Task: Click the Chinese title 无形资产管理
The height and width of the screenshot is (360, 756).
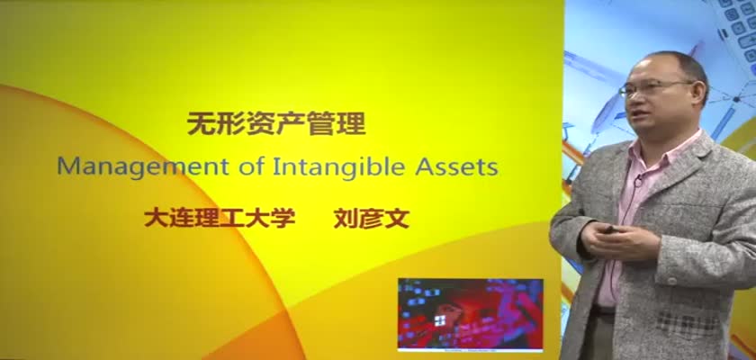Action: [276, 124]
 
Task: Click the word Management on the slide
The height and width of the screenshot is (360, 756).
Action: [143, 167]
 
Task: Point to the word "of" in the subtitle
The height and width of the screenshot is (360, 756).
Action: [251, 166]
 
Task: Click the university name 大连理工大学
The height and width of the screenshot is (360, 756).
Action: [220, 219]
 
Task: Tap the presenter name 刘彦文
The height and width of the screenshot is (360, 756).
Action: [371, 219]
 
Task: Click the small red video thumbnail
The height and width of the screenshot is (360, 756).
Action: [470, 314]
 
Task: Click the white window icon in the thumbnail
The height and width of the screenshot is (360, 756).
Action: [439, 320]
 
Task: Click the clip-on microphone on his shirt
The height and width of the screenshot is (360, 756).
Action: [638, 182]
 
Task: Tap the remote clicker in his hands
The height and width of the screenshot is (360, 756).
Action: [609, 229]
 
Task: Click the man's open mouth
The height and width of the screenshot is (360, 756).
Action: [639, 114]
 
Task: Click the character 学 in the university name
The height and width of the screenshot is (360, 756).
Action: [283, 219]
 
